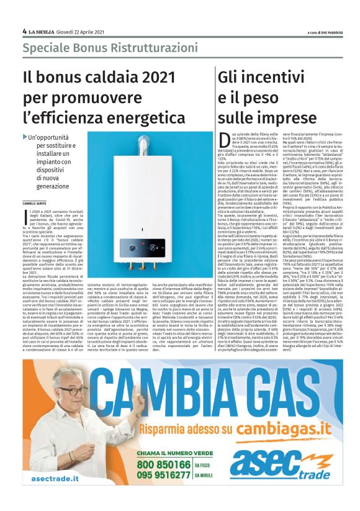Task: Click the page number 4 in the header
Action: point(24,31)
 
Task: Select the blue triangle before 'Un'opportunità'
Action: point(25,137)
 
